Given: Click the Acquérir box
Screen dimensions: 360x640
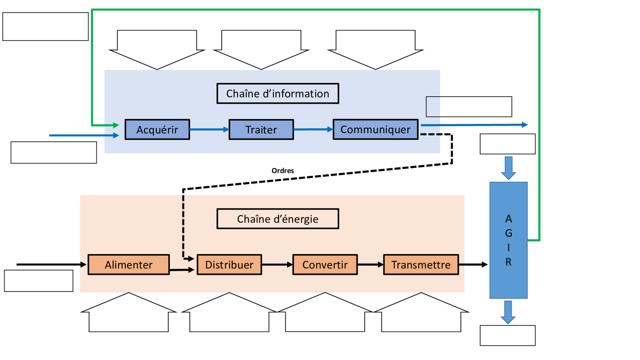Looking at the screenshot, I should [x=157, y=129].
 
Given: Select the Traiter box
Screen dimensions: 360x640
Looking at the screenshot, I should [x=261, y=129].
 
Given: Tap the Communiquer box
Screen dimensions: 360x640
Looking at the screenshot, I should [x=375, y=129].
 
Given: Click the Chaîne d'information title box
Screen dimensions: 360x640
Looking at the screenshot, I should [x=278, y=94].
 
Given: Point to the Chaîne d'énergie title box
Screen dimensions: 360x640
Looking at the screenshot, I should [x=278, y=219].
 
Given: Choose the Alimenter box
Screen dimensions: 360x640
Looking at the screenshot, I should [x=129, y=265].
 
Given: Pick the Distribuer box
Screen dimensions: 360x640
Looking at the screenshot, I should [x=229, y=265].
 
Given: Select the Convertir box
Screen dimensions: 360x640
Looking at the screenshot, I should [x=325, y=265].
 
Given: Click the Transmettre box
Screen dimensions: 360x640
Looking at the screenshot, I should [x=421, y=265].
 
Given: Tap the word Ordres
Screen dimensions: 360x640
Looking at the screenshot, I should [x=283, y=171].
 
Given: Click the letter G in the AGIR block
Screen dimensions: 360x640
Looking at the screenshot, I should [x=509, y=233].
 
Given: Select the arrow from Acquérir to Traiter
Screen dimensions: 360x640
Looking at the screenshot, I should [x=209, y=129].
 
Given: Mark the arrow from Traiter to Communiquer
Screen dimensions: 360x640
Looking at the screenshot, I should [x=313, y=129].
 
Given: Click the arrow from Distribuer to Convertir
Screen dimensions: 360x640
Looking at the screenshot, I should [x=277, y=265].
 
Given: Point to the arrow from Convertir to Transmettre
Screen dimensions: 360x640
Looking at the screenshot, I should [x=370, y=265].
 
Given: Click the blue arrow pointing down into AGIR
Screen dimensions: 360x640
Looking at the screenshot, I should [x=509, y=168].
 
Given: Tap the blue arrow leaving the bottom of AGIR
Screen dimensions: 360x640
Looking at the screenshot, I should [x=508, y=312].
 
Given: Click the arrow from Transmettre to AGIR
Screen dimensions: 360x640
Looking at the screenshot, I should [x=473, y=265].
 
